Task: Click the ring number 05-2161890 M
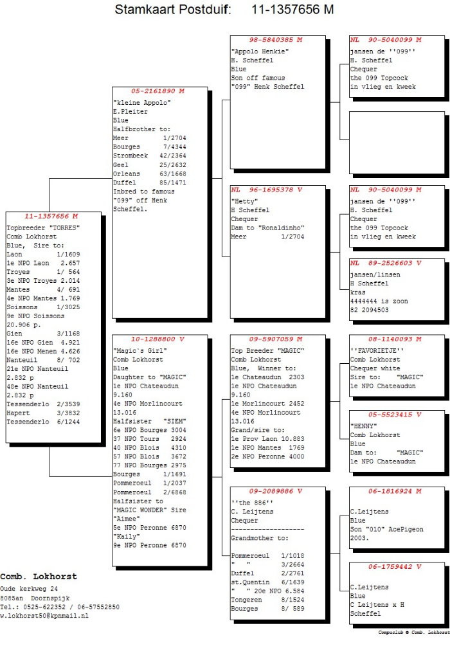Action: (157, 91)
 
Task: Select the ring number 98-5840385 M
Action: (276, 40)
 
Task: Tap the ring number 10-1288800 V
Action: (157, 339)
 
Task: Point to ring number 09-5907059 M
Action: (276, 339)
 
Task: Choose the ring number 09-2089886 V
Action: (276, 491)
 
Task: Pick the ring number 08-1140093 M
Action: (395, 339)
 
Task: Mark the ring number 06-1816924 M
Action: (395, 491)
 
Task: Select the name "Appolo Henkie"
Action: (260, 51)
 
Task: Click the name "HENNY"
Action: (363, 426)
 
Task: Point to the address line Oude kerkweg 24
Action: (29, 589)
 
